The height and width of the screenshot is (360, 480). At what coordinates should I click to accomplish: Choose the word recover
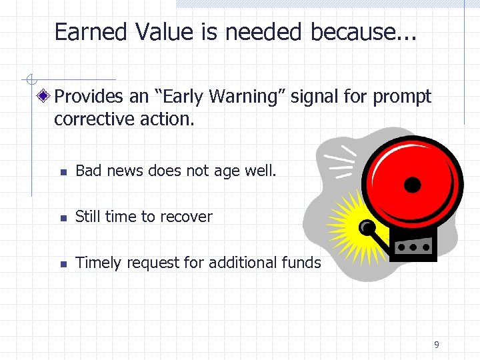[x=187, y=217]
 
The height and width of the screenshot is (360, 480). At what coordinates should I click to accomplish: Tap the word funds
[x=301, y=263]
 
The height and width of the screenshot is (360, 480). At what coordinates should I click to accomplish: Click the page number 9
[x=436, y=345]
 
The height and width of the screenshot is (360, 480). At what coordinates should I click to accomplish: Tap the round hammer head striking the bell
[x=366, y=229]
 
